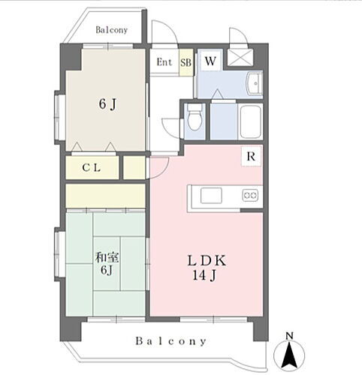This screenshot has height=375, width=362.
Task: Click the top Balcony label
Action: click(x=111, y=31)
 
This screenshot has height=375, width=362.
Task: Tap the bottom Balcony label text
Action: click(x=171, y=341)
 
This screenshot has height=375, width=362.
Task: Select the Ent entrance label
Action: click(x=164, y=62)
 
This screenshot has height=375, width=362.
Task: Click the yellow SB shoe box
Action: click(x=185, y=62)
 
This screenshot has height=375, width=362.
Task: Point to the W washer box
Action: click(x=210, y=61)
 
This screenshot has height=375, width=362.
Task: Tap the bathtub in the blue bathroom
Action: click(x=249, y=120)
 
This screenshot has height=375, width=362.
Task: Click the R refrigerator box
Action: click(x=252, y=156)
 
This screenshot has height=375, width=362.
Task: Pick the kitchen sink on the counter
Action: click(x=210, y=196)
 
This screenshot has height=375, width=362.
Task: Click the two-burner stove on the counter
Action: click(x=250, y=196)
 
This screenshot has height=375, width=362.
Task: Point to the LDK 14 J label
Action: click(x=207, y=268)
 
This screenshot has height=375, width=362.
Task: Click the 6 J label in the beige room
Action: click(x=106, y=104)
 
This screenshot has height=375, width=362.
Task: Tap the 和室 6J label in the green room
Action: click(x=106, y=264)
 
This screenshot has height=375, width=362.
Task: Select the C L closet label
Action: click(x=92, y=168)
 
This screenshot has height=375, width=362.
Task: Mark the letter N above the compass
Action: click(x=289, y=334)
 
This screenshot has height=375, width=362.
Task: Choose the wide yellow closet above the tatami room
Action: click(x=105, y=196)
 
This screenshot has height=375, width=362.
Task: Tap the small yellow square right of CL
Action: click(x=134, y=168)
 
